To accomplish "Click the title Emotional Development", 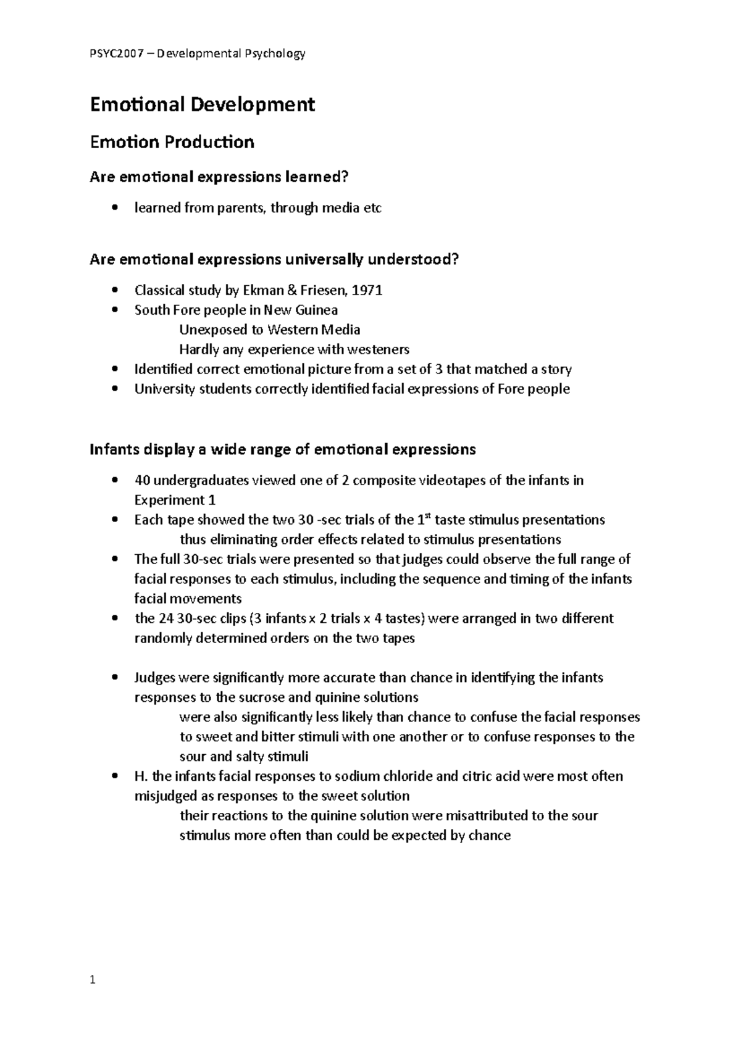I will (203, 105).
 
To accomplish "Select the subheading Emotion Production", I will (172, 143).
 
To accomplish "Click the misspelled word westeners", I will (380, 349).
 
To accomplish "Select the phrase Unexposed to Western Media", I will (269, 330).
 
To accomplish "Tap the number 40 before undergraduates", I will (142, 480).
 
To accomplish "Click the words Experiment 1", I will (175, 500).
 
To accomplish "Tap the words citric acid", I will (492, 776).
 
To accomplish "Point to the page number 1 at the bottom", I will (93, 979).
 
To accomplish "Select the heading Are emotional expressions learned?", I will (219, 178).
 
